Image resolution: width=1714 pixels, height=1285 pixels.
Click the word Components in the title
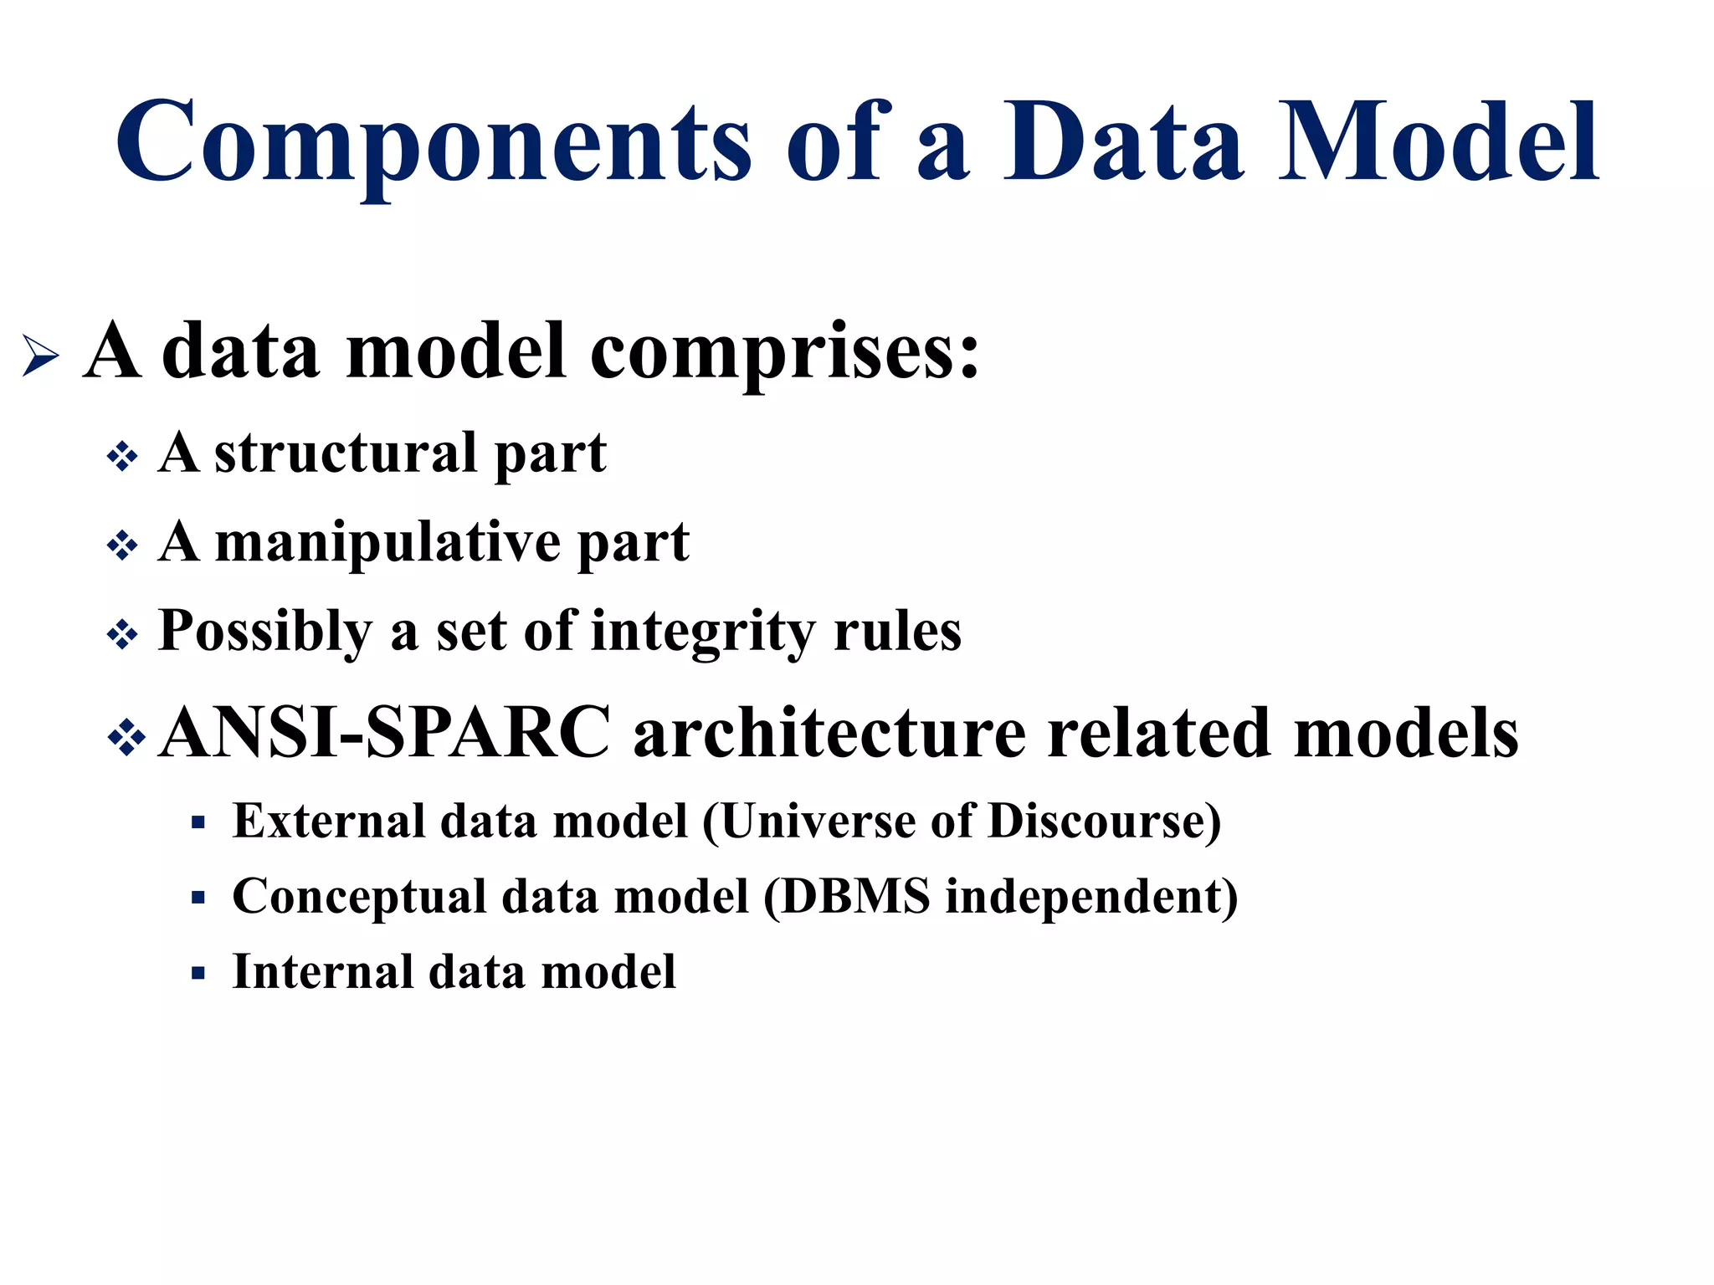[x=434, y=142]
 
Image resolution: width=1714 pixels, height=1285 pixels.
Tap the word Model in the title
[x=1438, y=142]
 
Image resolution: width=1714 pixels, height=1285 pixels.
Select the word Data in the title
[x=1124, y=142]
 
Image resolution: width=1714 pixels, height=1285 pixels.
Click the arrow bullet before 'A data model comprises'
[x=40, y=355]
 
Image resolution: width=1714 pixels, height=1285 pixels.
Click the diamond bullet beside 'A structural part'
[x=123, y=457]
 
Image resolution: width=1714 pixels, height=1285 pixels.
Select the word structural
[x=346, y=453]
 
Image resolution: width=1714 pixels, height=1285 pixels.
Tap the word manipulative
[x=387, y=543]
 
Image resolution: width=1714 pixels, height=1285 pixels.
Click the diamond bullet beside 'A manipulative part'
[x=123, y=546]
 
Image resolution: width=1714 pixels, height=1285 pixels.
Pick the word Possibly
[x=264, y=632]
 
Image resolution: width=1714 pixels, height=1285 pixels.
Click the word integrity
[x=701, y=632]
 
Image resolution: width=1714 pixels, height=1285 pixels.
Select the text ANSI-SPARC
[x=385, y=733]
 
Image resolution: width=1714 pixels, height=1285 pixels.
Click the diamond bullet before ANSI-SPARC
[x=127, y=737]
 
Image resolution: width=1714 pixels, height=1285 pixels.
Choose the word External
[x=328, y=821]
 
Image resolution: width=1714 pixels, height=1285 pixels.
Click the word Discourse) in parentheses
[x=1104, y=821]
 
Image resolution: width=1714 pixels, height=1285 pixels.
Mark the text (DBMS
[x=846, y=897]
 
